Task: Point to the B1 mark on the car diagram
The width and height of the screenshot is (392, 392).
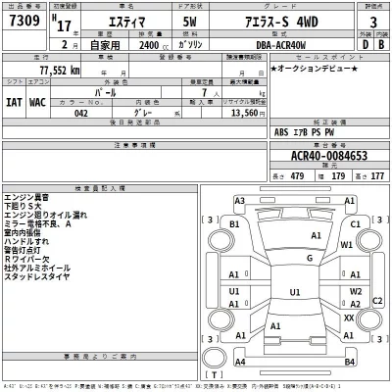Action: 234,224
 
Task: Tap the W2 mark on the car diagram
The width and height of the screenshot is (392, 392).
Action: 357,291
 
